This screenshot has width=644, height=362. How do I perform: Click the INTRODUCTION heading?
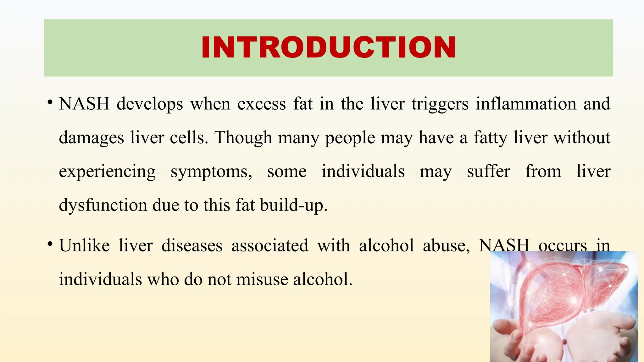coord(328,47)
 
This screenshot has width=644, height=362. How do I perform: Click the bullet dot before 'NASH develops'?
coord(50,102)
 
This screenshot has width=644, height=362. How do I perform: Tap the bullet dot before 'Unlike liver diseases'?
coord(50,244)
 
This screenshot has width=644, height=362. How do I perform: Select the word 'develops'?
coord(150,104)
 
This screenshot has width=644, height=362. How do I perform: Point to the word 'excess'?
coord(261,104)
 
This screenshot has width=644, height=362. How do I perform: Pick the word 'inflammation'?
coord(526,104)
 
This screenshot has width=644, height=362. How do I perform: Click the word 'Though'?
coord(243,138)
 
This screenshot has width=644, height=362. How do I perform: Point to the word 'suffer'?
coord(488,172)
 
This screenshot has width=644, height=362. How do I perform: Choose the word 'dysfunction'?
coord(103,206)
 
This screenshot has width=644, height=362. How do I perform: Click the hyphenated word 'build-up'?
coord(293,206)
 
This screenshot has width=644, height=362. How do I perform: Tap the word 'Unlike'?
coord(84,245)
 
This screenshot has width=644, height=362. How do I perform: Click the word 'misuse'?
coord(262,279)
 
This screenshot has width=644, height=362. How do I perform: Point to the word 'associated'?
coord(270,245)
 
